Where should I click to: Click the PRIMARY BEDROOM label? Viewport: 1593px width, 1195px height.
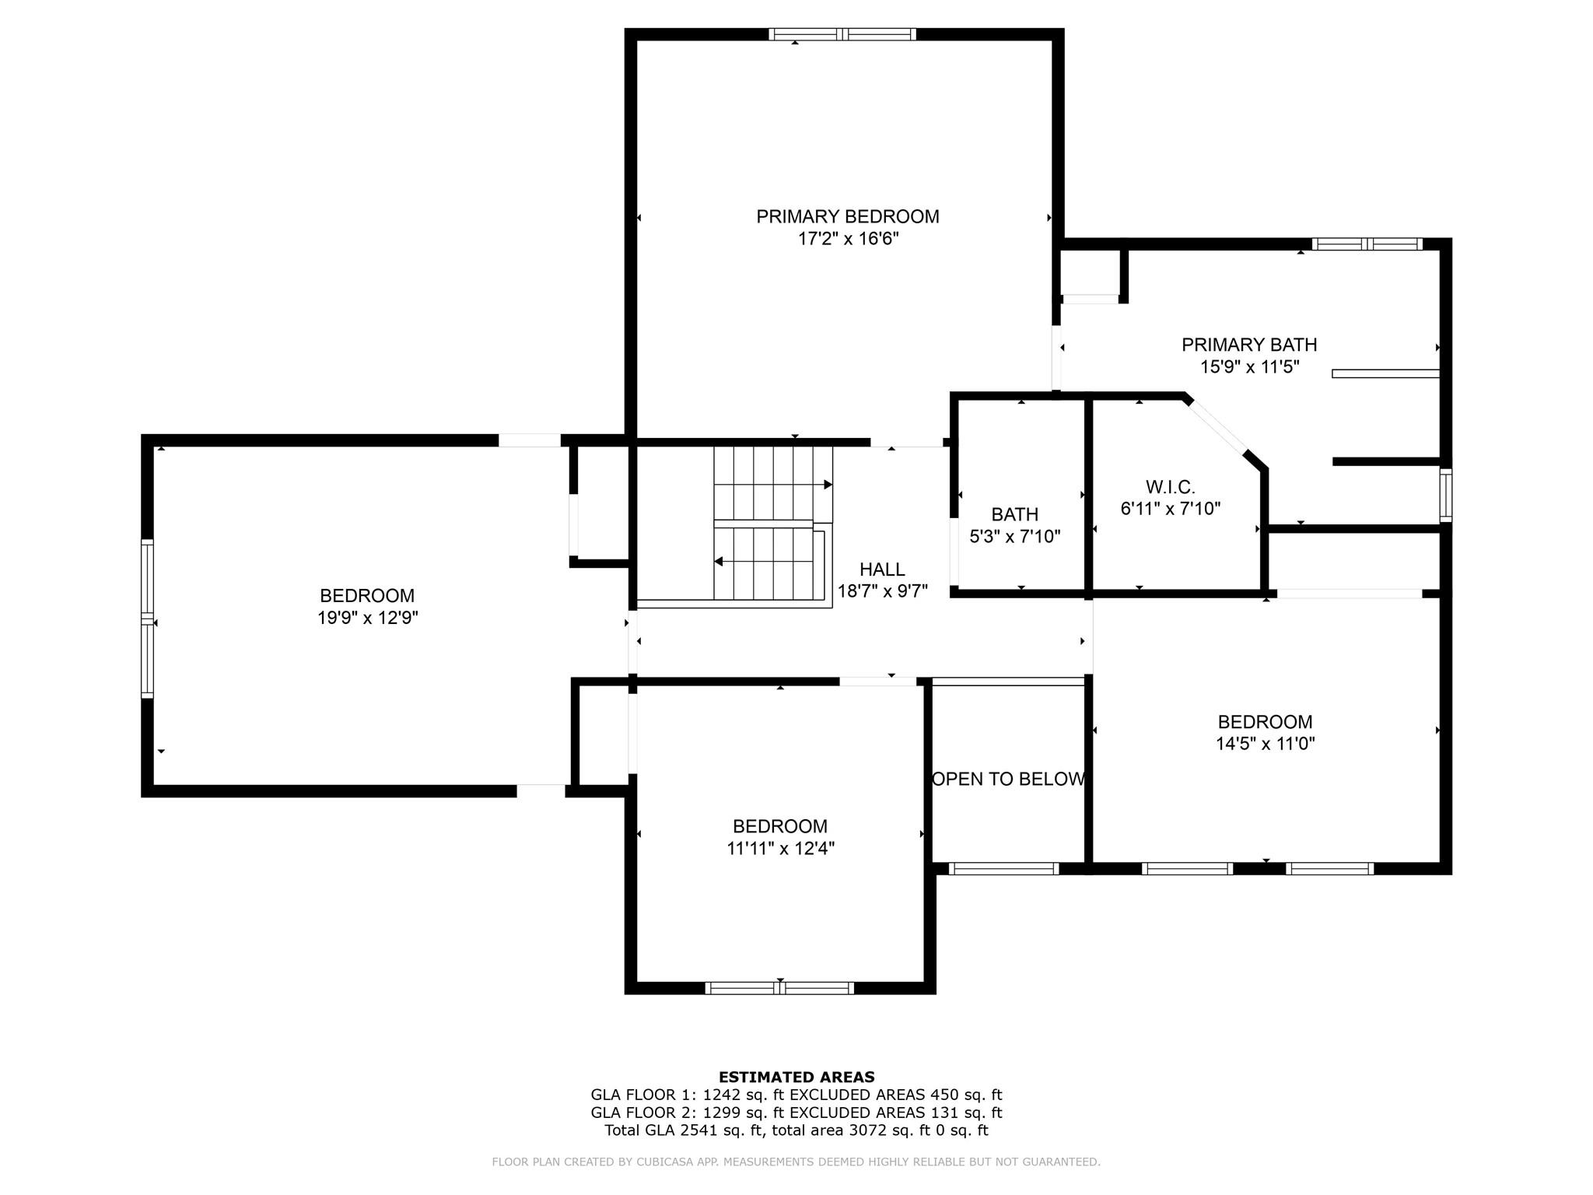click(x=847, y=216)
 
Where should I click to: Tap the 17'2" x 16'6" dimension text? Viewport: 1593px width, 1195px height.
click(x=847, y=239)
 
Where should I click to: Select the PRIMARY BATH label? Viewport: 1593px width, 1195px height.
click(x=1248, y=345)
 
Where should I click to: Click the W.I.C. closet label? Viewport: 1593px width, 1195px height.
click(x=1169, y=487)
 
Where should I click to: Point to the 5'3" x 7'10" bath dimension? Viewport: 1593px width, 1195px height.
click(x=1014, y=537)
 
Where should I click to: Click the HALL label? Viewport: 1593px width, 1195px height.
click(x=881, y=569)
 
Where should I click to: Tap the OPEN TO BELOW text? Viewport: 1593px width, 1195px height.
click(x=1008, y=779)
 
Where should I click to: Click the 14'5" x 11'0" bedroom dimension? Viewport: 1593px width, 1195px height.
click(x=1265, y=744)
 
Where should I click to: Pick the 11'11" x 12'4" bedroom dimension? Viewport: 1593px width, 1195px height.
click(x=780, y=849)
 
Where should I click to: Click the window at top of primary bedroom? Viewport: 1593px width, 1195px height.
click(x=842, y=34)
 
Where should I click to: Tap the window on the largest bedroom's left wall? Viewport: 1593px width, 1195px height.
click(x=147, y=619)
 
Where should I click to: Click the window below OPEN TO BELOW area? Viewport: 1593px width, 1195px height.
click(x=1003, y=869)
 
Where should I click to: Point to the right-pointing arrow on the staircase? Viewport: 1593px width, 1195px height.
click(x=828, y=485)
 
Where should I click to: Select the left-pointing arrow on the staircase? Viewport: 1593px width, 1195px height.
click(x=719, y=561)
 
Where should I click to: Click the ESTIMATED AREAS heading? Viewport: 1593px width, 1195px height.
click(x=796, y=1077)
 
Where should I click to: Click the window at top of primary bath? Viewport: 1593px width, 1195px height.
click(x=1366, y=244)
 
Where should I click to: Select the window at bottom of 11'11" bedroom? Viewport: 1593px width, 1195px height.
click(x=779, y=988)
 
